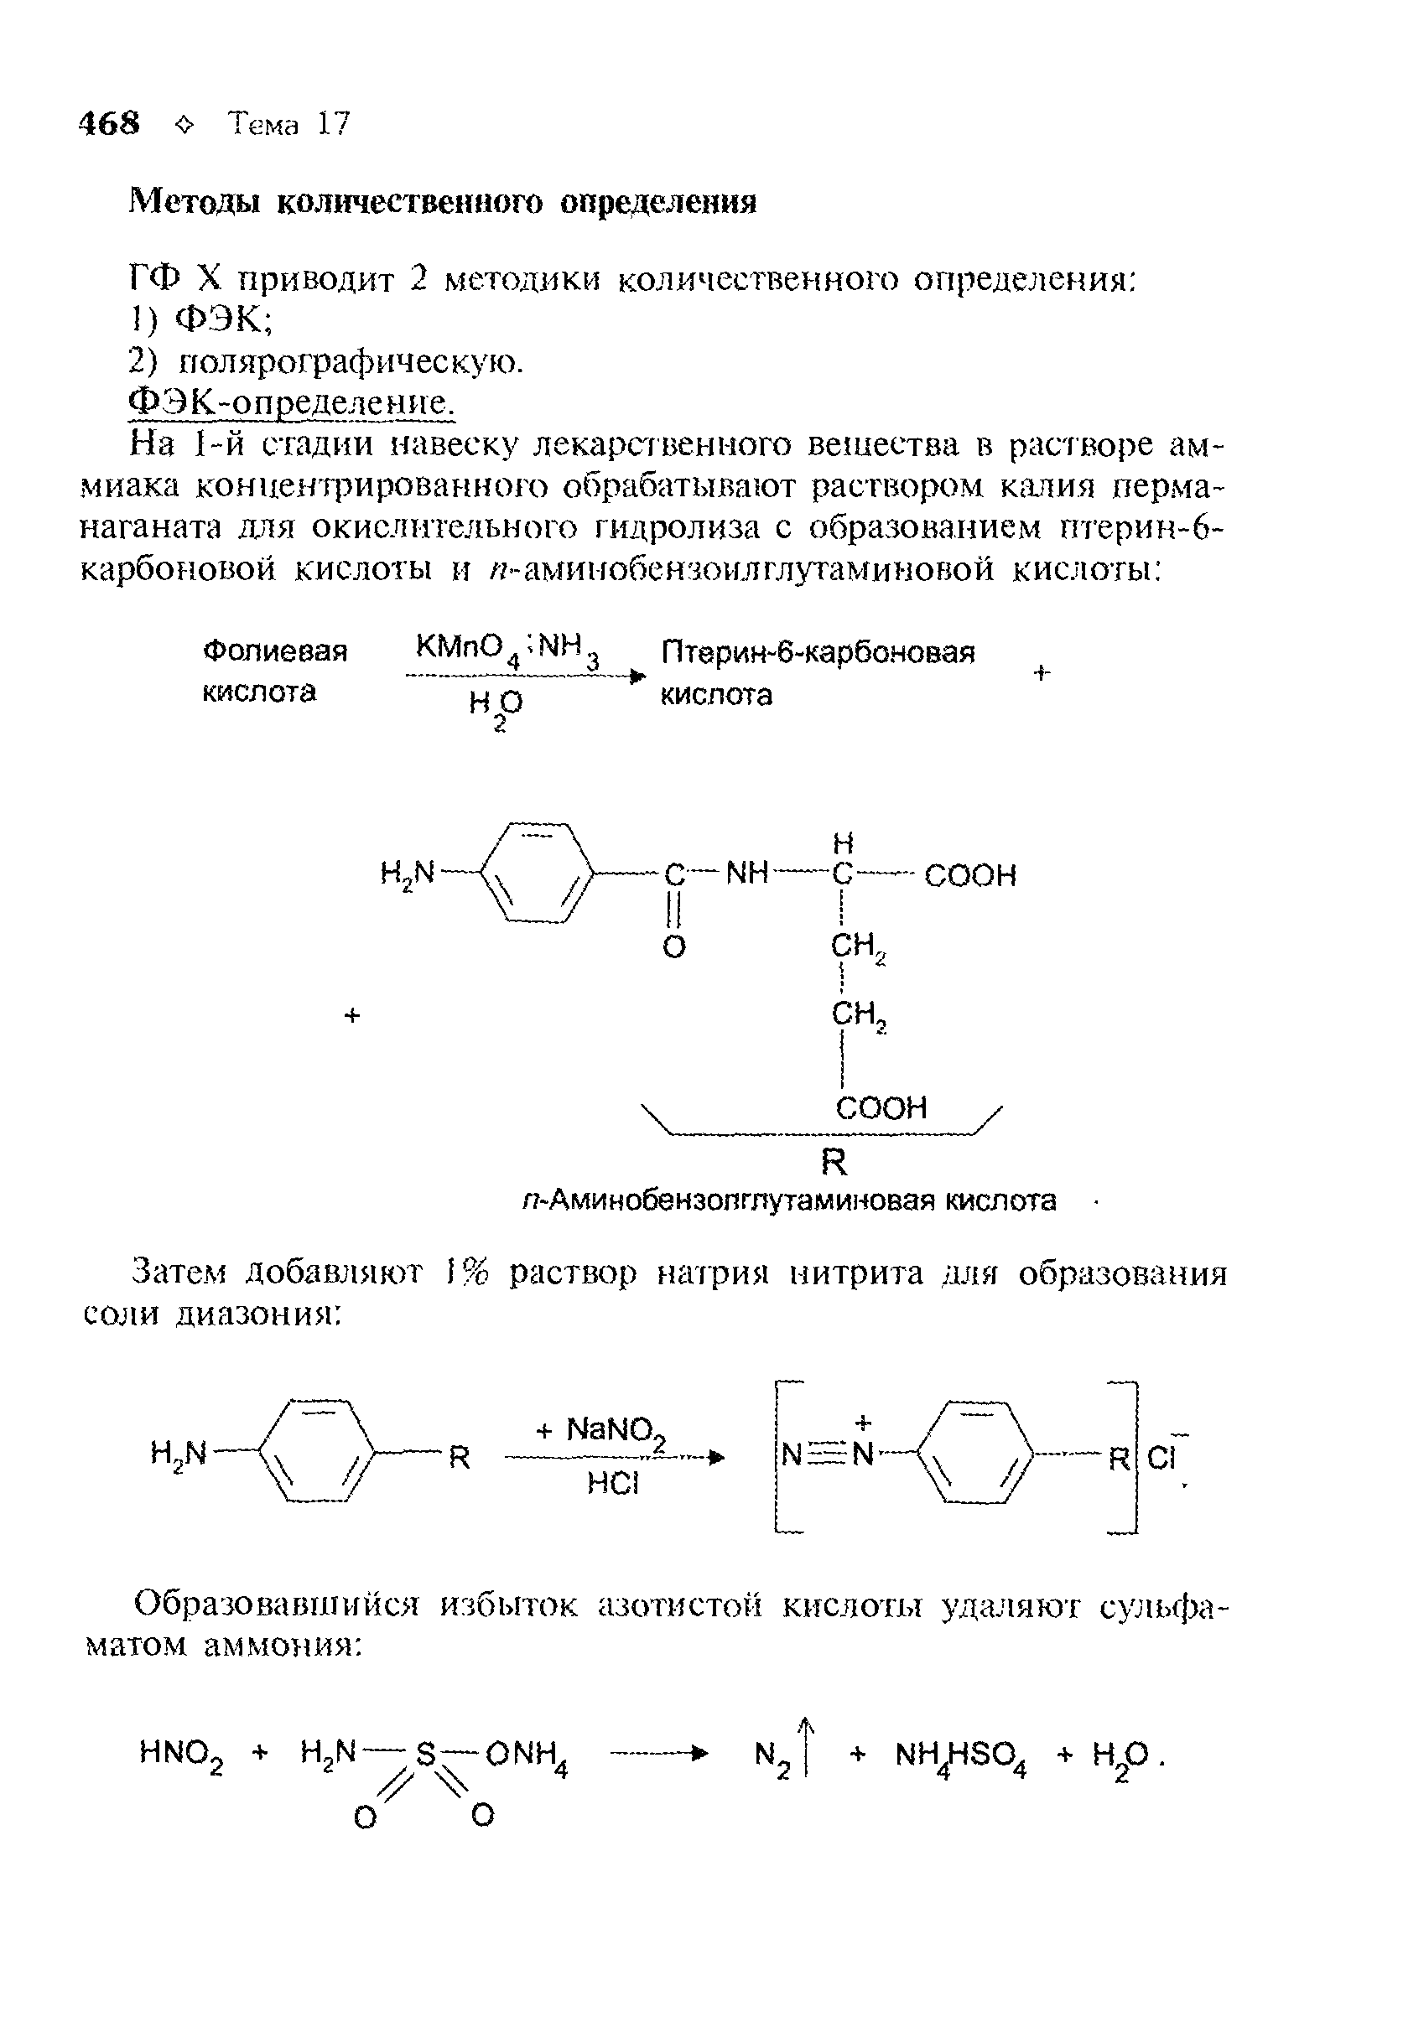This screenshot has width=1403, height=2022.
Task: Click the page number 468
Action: coord(109,123)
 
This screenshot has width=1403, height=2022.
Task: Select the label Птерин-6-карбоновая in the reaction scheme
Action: coord(818,653)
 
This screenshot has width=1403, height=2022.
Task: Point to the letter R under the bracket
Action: coord(834,1163)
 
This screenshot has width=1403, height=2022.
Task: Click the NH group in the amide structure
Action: coord(747,874)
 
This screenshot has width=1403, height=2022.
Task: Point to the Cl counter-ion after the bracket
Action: coord(1162,1459)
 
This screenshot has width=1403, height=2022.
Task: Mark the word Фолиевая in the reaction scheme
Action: coord(275,652)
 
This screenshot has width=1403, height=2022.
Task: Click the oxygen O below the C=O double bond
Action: coord(673,947)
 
